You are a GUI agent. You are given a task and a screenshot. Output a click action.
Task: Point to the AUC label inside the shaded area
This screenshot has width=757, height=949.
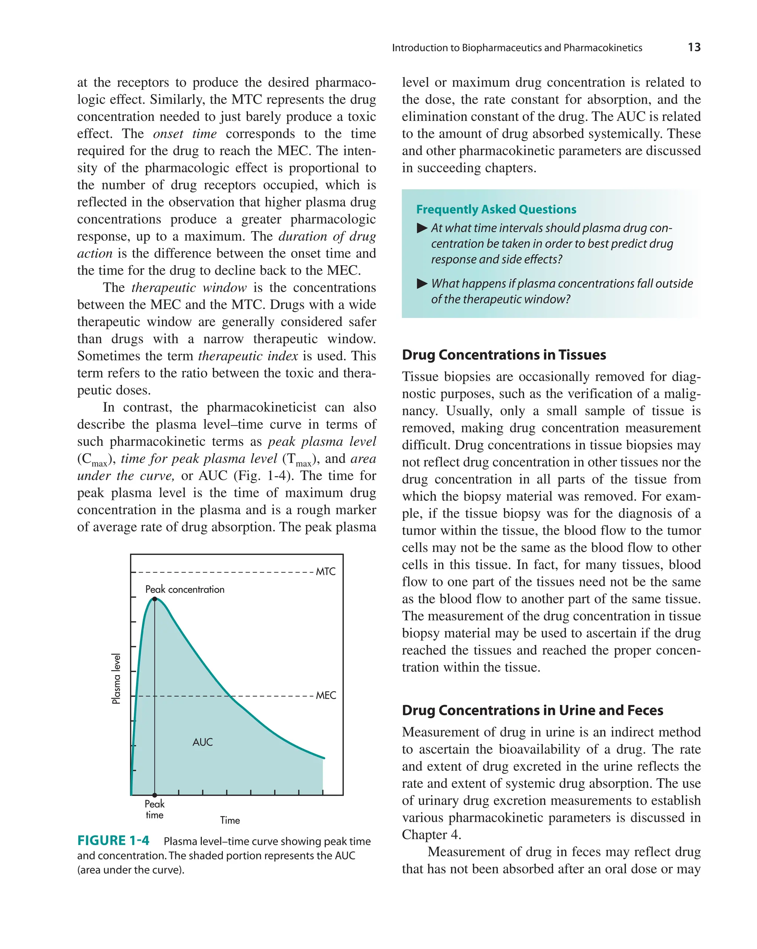pos(203,742)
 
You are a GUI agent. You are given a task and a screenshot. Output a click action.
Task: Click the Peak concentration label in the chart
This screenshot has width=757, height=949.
pos(185,589)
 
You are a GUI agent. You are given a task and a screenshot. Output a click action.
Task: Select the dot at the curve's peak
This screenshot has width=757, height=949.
pos(155,599)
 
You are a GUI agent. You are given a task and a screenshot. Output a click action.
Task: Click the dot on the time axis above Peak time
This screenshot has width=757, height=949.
pos(155,795)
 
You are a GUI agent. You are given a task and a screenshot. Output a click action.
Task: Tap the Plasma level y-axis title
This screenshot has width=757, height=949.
pos(116,678)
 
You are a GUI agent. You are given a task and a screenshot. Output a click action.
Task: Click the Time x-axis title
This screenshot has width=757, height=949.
pos(230,820)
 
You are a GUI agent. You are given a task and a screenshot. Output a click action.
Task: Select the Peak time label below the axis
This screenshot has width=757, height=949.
pos(155,809)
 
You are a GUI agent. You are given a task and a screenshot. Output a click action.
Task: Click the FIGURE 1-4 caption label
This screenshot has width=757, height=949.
pos(113,840)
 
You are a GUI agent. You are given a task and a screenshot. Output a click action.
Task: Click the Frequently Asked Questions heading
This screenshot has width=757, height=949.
pos(496,209)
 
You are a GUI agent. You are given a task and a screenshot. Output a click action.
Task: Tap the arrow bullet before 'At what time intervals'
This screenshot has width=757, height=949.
pos(422,228)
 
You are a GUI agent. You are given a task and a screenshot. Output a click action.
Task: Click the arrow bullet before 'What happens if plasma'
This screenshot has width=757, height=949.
pos(422,284)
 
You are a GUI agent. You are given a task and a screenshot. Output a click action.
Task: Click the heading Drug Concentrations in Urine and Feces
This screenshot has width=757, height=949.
pos(532,710)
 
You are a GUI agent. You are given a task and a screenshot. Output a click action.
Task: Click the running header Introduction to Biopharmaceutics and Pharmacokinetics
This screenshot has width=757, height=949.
pos(517,48)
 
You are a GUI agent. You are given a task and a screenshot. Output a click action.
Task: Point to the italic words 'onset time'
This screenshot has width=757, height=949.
pos(184,133)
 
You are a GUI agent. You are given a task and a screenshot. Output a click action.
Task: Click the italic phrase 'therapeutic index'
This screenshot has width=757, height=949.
pos(248,356)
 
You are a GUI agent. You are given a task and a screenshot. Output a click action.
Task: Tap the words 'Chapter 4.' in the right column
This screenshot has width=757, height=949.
pos(431,834)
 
